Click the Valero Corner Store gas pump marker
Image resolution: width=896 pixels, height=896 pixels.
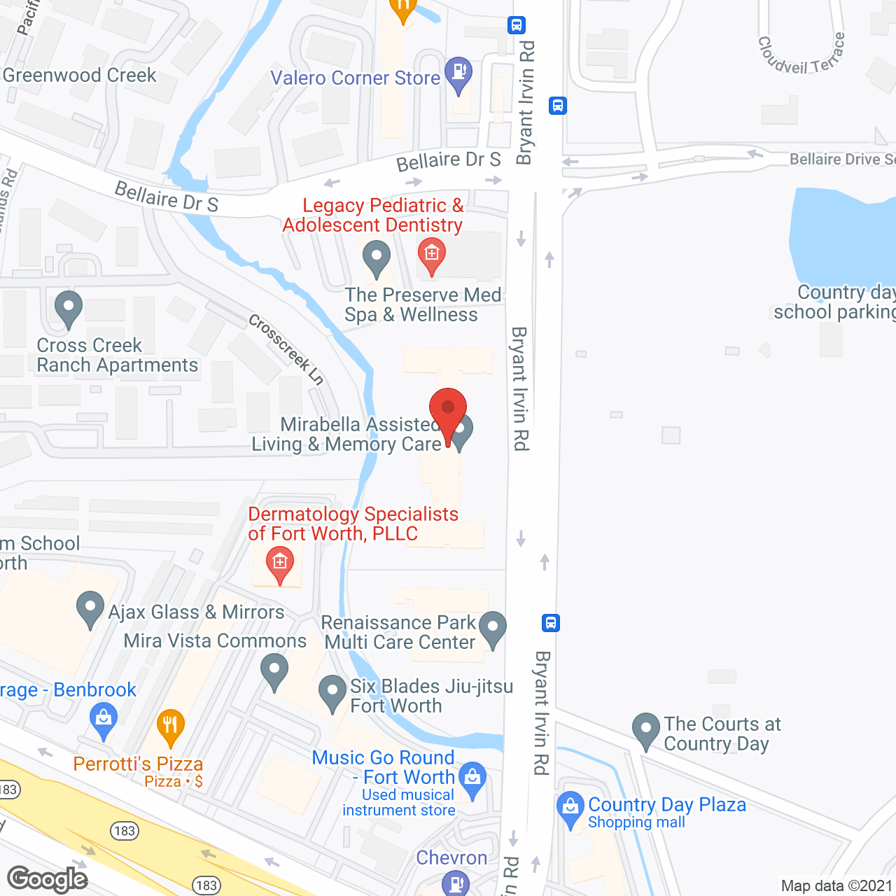(458, 73)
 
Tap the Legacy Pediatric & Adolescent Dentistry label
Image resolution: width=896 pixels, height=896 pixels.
(373, 215)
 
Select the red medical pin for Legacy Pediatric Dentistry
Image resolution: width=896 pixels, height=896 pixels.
(431, 255)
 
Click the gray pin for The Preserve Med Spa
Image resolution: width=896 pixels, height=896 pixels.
(377, 258)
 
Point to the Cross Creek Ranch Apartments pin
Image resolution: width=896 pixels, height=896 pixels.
(68, 308)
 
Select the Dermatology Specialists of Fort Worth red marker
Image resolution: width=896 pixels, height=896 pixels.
(280, 564)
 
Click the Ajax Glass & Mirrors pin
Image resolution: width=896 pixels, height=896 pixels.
(90, 608)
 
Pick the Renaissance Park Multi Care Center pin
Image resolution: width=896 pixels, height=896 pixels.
(493, 628)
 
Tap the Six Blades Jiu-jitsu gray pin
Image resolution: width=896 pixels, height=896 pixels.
(332, 692)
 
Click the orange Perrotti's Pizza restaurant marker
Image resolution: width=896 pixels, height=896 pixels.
(170, 728)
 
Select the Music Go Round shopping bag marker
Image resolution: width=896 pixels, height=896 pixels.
(472, 778)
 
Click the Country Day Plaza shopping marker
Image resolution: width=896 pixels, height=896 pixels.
(570, 808)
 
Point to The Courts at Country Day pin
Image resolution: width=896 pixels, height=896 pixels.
(645, 730)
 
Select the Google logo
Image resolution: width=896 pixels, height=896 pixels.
(47, 879)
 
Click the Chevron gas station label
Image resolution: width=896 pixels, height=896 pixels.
(451, 858)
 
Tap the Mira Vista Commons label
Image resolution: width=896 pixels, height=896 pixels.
(215, 640)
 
